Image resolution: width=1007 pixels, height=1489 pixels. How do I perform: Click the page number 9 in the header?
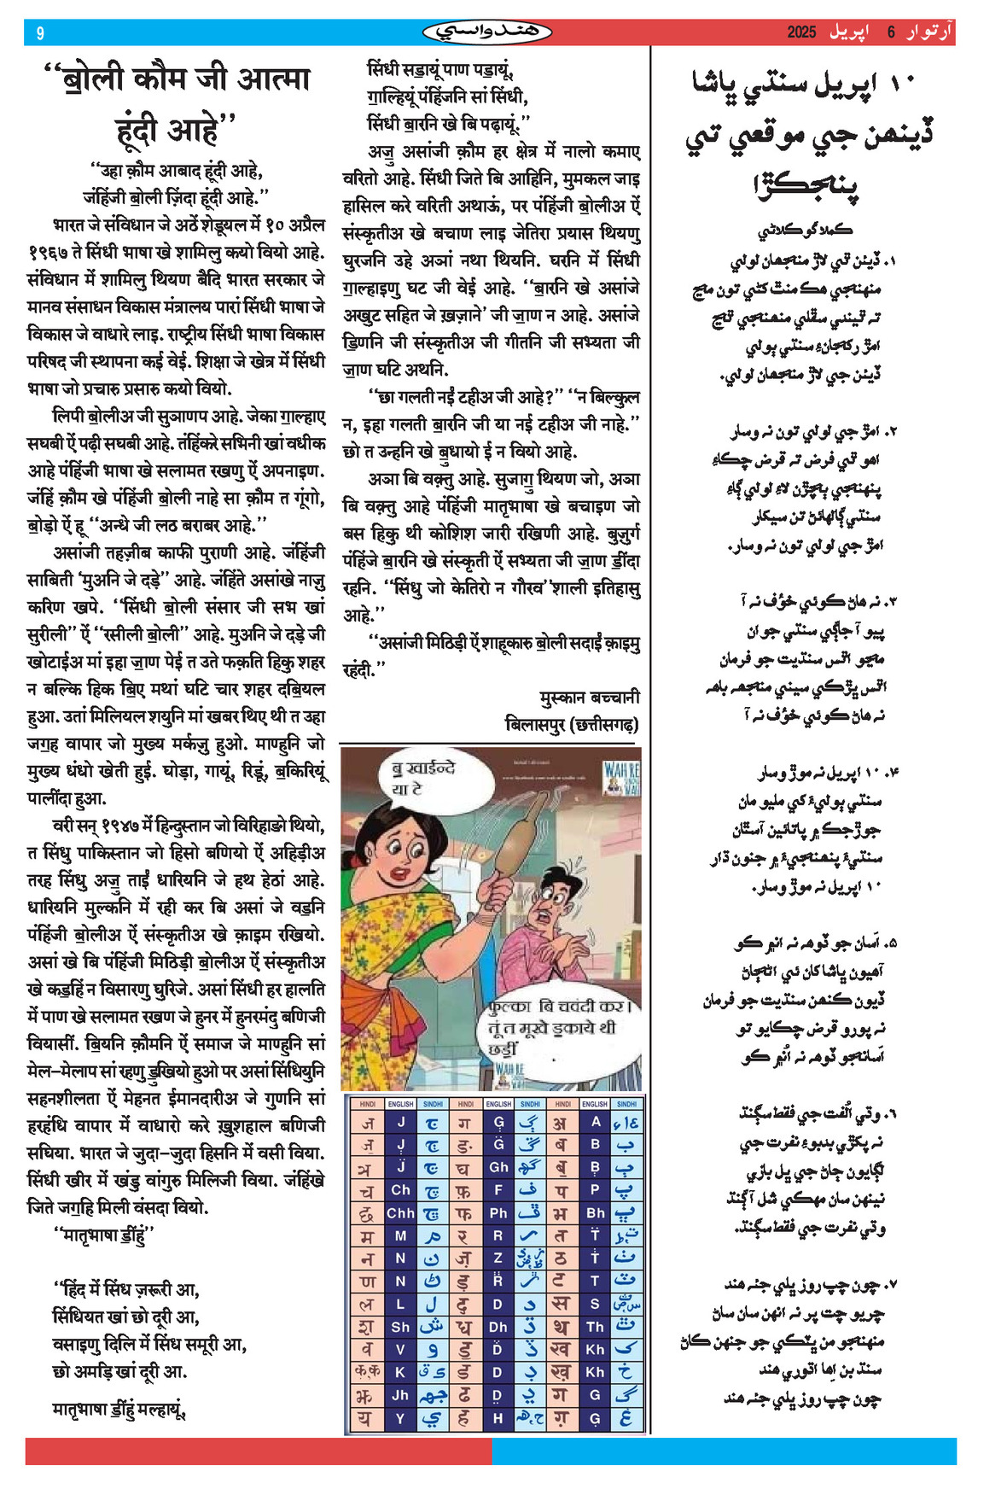40,33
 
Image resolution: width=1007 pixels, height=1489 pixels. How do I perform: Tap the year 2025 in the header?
801,32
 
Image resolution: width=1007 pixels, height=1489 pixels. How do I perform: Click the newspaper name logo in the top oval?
487,32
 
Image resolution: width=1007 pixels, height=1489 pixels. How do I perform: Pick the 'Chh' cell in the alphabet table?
400,1212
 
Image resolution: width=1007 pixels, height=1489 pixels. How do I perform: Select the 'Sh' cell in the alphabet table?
400,1327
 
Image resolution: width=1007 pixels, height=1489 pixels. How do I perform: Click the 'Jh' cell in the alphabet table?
400,1395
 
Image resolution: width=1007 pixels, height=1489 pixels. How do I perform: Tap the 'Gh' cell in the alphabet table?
498,1167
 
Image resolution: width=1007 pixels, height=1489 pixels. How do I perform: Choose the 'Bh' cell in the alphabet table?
595,1212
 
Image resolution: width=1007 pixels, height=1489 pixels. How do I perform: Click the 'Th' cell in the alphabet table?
595,1327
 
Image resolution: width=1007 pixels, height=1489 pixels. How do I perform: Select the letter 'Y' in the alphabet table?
400,1418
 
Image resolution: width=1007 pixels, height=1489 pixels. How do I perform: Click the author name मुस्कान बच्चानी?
589,697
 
